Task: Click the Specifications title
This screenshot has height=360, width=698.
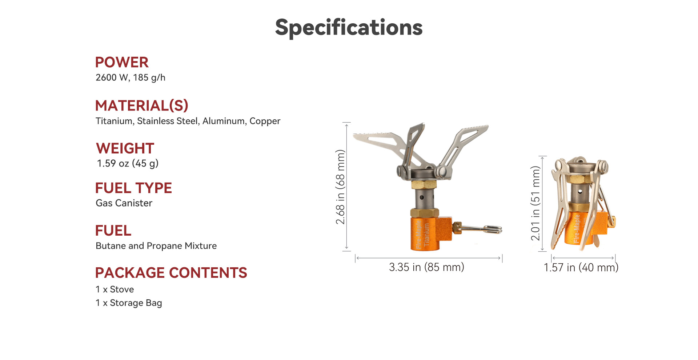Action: [x=349, y=28]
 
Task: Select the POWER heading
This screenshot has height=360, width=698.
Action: [x=122, y=62]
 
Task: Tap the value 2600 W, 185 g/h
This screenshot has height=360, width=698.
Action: [x=131, y=77]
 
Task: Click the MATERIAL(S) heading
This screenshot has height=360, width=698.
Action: [x=142, y=105]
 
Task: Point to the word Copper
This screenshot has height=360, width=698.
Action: [x=265, y=121]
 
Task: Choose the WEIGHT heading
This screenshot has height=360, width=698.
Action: [x=125, y=148]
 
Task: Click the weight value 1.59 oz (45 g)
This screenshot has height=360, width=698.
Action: [x=128, y=163]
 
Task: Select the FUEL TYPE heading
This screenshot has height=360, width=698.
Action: [x=133, y=188]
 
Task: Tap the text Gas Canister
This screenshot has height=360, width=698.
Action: [x=124, y=203]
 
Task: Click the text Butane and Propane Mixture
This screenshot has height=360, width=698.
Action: [x=156, y=246]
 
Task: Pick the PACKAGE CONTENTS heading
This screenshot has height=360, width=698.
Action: [x=171, y=273]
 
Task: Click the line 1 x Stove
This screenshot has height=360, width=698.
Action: [x=115, y=289]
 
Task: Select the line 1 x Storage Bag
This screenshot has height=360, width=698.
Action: [x=129, y=303]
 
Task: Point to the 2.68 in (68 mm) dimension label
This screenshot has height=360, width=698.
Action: [x=340, y=187]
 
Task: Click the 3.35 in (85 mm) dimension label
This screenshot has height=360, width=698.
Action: [x=426, y=267]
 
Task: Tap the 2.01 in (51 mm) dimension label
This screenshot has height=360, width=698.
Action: [x=535, y=203]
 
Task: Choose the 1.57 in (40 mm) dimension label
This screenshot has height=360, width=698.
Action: [x=581, y=268]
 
